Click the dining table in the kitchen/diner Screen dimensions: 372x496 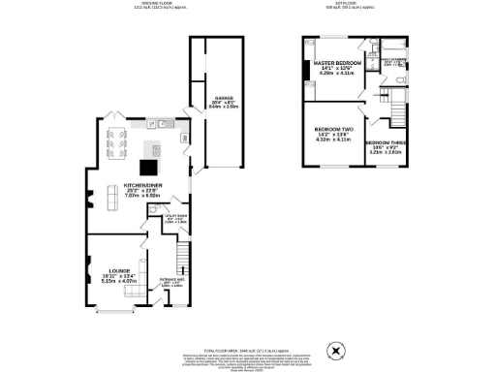116,142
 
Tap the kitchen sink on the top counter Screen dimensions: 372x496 163,123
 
